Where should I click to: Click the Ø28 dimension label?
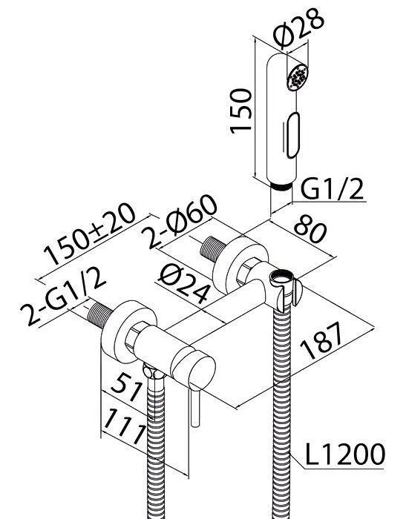(298, 27)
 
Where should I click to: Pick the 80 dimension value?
(310, 228)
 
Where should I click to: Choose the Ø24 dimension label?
(184, 285)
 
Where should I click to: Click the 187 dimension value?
(321, 341)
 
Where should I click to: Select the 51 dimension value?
(128, 387)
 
